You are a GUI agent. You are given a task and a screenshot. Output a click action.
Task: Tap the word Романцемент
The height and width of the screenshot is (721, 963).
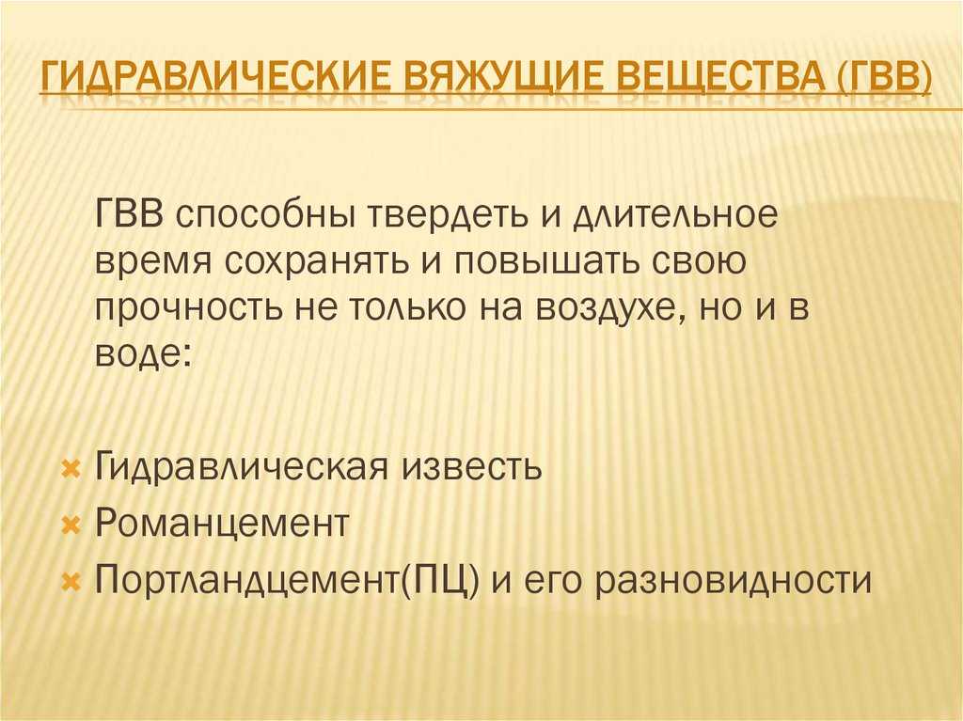[x=222, y=523]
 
